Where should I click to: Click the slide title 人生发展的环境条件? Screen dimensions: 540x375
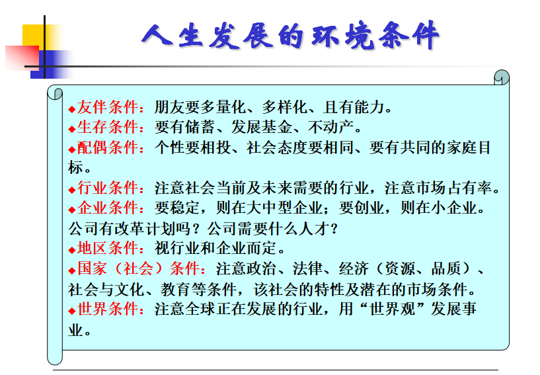tap(290, 36)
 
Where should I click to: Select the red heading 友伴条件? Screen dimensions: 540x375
tap(108, 107)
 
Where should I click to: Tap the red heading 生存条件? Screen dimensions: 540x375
tap(108, 127)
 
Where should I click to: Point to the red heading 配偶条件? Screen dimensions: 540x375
tap(108, 147)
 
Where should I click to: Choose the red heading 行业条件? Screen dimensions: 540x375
tap(108, 188)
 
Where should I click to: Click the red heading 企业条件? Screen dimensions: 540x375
tap(108, 208)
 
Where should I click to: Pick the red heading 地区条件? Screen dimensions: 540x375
tap(108, 248)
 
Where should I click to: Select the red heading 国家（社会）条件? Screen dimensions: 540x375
tap(138, 269)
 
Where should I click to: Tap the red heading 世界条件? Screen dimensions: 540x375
tap(108, 309)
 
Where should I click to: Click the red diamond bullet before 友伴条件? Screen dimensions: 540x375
tap(71, 109)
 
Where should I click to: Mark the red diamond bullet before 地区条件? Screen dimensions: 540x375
tap(71, 250)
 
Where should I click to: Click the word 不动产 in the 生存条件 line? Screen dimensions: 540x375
tap(331, 127)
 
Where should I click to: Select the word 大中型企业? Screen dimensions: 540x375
tap(285, 208)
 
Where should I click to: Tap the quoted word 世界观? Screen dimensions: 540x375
tap(392, 309)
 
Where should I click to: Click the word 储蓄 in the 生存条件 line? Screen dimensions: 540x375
tap(200, 127)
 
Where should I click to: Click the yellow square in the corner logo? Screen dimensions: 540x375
tap(34, 35)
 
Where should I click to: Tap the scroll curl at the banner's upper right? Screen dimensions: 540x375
tap(502, 77)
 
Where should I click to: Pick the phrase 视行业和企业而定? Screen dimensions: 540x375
tap(215, 248)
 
